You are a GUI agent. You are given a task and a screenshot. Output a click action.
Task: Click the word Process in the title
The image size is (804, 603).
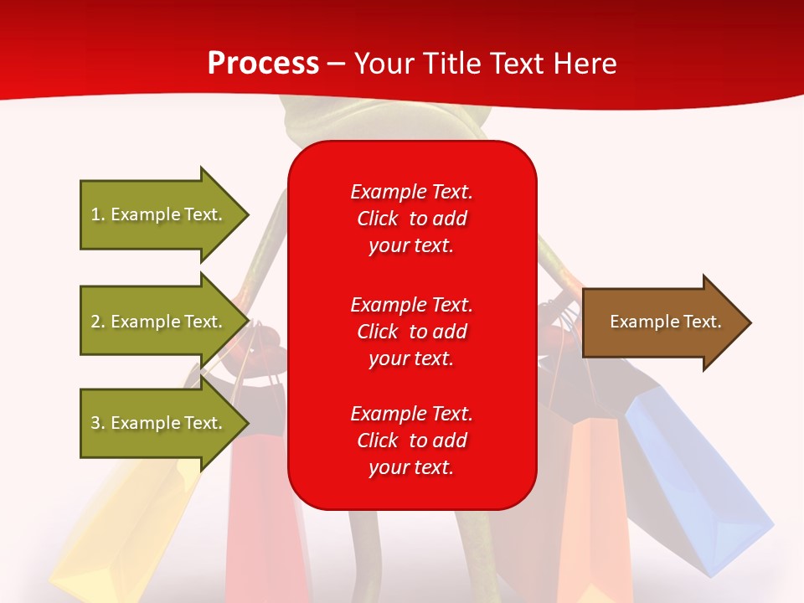pyautogui.click(x=264, y=63)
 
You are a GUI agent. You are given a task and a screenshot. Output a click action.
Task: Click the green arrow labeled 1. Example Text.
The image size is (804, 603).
pyautogui.click(x=164, y=215)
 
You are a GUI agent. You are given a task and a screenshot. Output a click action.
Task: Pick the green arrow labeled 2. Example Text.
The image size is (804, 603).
pyautogui.click(x=164, y=322)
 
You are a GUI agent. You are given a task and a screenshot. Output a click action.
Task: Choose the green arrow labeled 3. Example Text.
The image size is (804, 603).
pyautogui.click(x=164, y=423)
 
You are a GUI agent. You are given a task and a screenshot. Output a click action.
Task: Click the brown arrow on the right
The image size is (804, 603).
pyautogui.click(x=667, y=322)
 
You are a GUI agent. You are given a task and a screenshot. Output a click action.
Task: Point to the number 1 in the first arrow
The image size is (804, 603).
pyautogui.click(x=95, y=214)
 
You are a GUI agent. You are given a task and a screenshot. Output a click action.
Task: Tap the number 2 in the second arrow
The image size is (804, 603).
pyautogui.click(x=95, y=322)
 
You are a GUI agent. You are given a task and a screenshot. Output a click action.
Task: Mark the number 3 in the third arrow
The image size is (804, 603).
pyautogui.click(x=95, y=423)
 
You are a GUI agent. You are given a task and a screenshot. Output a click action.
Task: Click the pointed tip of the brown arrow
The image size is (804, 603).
pyautogui.click(x=751, y=322)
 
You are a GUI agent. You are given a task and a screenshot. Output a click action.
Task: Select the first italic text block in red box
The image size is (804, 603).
pyautogui.click(x=411, y=219)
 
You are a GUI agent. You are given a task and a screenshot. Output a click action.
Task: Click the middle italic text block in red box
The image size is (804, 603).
pyautogui.click(x=411, y=332)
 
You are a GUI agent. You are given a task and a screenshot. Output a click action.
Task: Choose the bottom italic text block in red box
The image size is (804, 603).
pyautogui.click(x=411, y=441)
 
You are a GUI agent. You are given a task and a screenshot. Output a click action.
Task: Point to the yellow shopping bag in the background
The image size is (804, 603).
pyautogui.click(x=123, y=528)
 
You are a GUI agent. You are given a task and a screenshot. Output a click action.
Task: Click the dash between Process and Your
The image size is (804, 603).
pyautogui.click(x=337, y=64)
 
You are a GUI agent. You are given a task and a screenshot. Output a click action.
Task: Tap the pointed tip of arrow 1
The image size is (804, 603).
pyautogui.click(x=249, y=215)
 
